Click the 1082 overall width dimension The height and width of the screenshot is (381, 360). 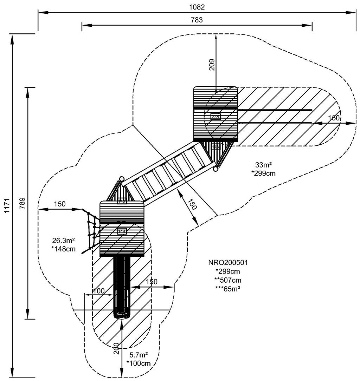click(197, 7)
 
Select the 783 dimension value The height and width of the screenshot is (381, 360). click(197, 20)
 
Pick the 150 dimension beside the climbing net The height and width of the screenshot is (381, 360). click(60, 204)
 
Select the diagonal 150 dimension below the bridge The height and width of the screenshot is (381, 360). click(192, 204)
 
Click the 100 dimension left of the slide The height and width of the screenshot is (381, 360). click(98, 291)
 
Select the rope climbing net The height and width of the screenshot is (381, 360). click(91, 230)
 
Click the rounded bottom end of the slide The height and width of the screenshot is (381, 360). click(122, 315)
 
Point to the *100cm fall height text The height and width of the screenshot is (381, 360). click(139, 363)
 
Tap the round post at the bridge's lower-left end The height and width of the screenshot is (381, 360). click(122, 179)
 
